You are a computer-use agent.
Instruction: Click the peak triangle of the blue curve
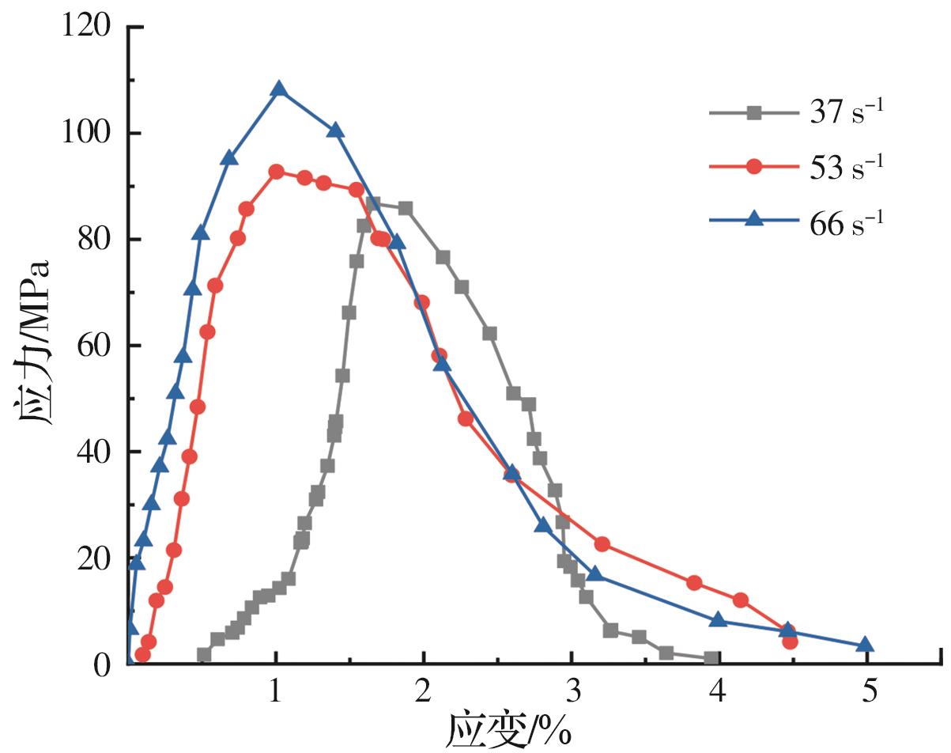point(279,89)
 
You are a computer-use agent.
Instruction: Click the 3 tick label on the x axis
point(571,691)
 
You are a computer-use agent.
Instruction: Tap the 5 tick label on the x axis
point(868,691)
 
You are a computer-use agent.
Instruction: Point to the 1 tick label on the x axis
point(276,691)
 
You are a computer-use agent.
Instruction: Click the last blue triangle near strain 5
point(865,645)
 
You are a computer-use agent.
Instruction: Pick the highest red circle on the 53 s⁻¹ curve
point(277,172)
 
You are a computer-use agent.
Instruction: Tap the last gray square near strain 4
point(711,658)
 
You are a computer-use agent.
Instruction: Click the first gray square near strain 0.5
point(204,655)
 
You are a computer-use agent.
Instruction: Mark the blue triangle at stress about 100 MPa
point(335,131)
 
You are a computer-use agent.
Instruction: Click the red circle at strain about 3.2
point(602,544)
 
